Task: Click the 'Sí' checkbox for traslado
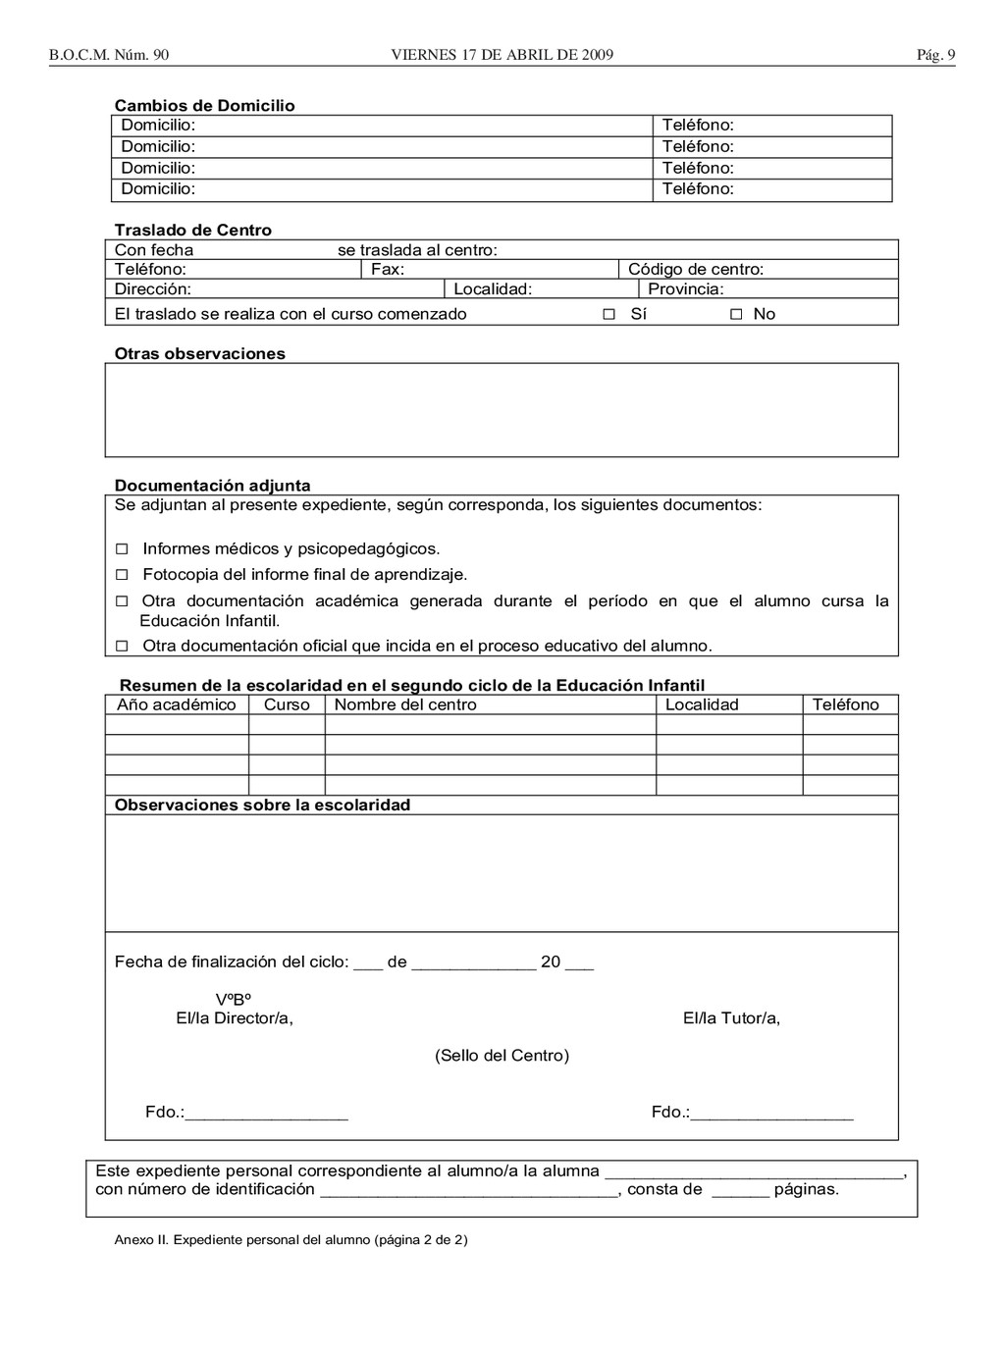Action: [x=608, y=314]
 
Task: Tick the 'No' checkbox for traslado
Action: [x=736, y=314]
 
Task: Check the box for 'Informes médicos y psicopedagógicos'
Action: [x=123, y=548]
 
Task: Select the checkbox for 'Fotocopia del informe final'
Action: [x=123, y=575]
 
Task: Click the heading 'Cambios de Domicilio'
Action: [x=204, y=106]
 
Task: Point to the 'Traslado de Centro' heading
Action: [x=193, y=231]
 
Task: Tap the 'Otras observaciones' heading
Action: [x=200, y=354]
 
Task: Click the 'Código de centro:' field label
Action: [x=696, y=270]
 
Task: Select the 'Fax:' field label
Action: [x=388, y=270]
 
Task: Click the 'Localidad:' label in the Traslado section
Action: [x=493, y=289]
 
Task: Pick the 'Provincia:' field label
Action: [x=686, y=289]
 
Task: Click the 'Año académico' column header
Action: [x=177, y=704]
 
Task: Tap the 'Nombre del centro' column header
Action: [x=405, y=704]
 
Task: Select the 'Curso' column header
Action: [x=287, y=704]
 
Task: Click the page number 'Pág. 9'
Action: [x=935, y=55]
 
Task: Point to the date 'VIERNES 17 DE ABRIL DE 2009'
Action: [x=502, y=55]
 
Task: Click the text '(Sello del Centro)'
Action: [x=502, y=1056]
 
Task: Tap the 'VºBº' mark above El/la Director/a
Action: [x=235, y=1000]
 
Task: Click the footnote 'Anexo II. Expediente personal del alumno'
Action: [x=291, y=1240]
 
